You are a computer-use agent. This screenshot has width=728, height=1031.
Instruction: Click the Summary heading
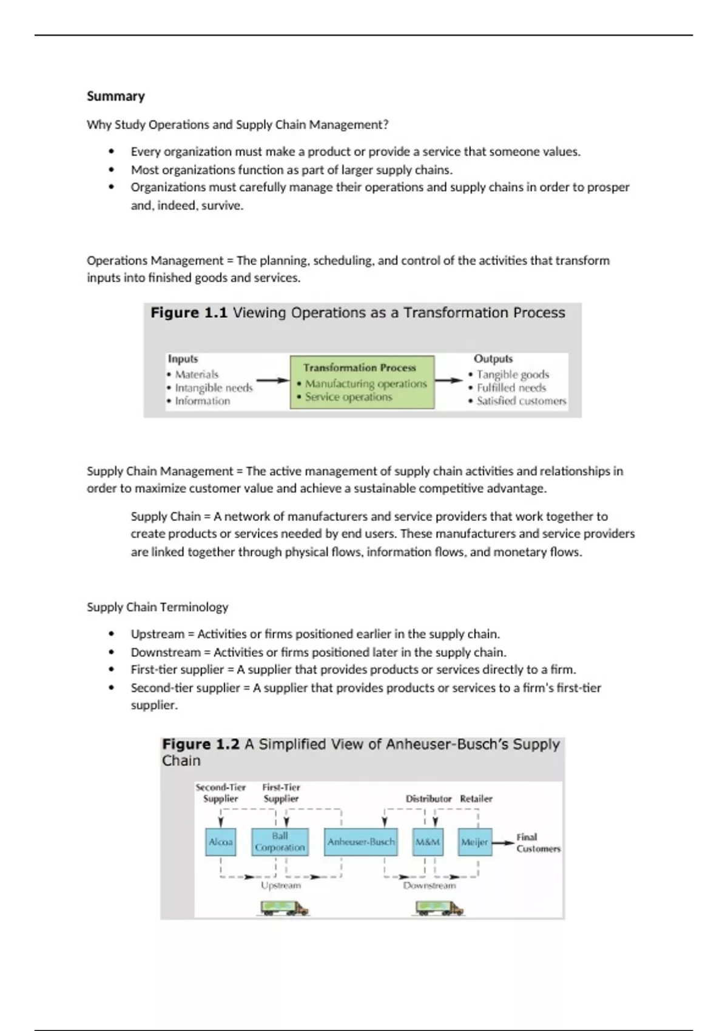pyautogui.click(x=116, y=96)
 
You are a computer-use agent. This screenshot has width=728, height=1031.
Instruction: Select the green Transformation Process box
pyautogui.click(x=362, y=382)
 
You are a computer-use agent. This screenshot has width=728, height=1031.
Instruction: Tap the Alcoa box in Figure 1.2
pyautogui.click(x=221, y=842)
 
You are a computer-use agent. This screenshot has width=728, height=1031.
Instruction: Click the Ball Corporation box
pyautogui.click(x=280, y=842)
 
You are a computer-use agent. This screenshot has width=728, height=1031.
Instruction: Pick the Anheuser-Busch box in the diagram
pyautogui.click(x=361, y=842)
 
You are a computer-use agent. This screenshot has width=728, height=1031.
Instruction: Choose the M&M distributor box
pyautogui.click(x=428, y=842)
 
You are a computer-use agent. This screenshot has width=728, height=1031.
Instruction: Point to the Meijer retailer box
pyautogui.click(x=474, y=842)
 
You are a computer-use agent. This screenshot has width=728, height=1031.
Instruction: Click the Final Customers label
pyautogui.click(x=538, y=842)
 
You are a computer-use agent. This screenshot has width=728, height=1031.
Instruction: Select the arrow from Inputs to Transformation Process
pyautogui.click(x=272, y=381)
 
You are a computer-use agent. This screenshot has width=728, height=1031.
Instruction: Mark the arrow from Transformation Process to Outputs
pyautogui.click(x=448, y=381)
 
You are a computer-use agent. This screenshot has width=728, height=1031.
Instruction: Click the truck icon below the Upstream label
pyautogui.click(x=285, y=908)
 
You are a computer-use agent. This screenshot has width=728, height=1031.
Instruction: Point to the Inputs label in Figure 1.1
pyautogui.click(x=183, y=359)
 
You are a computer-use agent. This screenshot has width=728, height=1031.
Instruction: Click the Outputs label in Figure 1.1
pyautogui.click(x=493, y=359)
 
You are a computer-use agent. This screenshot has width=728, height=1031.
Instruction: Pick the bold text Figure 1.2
pyautogui.click(x=201, y=744)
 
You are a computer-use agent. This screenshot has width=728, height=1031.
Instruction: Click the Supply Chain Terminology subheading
pyautogui.click(x=157, y=607)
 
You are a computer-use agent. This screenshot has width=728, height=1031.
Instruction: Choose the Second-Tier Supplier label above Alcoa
pyautogui.click(x=220, y=793)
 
